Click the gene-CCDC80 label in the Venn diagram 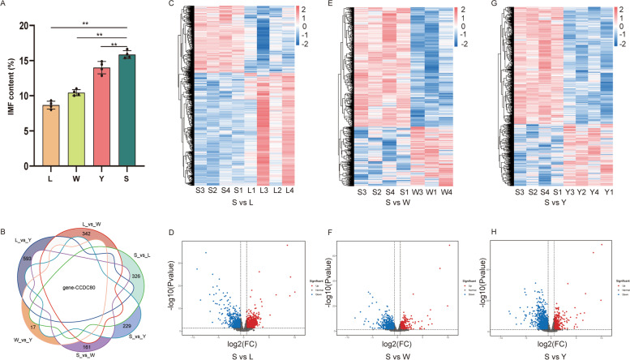point(90,287)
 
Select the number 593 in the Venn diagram point(28,259)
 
